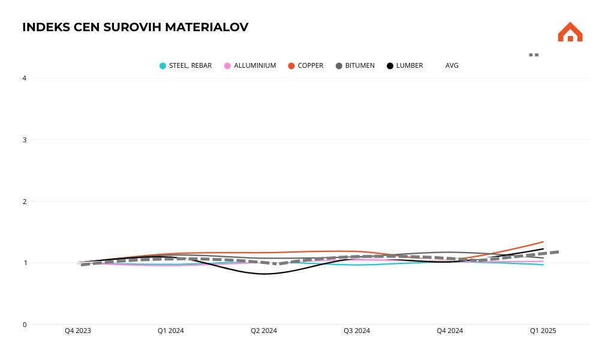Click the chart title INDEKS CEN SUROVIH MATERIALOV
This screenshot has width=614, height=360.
click(x=135, y=27)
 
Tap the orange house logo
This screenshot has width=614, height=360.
click(x=570, y=32)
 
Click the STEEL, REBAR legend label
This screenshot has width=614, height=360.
click(x=190, y=65)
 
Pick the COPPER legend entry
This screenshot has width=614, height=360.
click(x=310, y=65)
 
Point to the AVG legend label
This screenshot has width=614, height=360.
click(x=452, y=65)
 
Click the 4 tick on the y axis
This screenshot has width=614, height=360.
click(x=25, y=78)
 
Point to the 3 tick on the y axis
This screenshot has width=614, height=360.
click(x=25, y=140)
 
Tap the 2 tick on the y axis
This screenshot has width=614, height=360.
click(x=25, y=202)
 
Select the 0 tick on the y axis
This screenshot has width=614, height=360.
click(x=25, y=325)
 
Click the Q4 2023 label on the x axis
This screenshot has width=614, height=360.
click(x=78, y=331)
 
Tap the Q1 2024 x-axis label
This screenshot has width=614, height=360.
click(x=171, y=331)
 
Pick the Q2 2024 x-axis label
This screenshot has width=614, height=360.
click(x=264, y=331)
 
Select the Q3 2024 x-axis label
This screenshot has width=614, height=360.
click(x=357, y=331)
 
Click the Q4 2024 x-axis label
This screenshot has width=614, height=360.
click(x=450, y=331)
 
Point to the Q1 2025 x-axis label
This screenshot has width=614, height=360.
click(x=543, y=331)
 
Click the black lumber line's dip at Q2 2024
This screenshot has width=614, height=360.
click(x=264, y=274)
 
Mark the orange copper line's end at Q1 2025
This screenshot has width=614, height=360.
click(x=543, y=242)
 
